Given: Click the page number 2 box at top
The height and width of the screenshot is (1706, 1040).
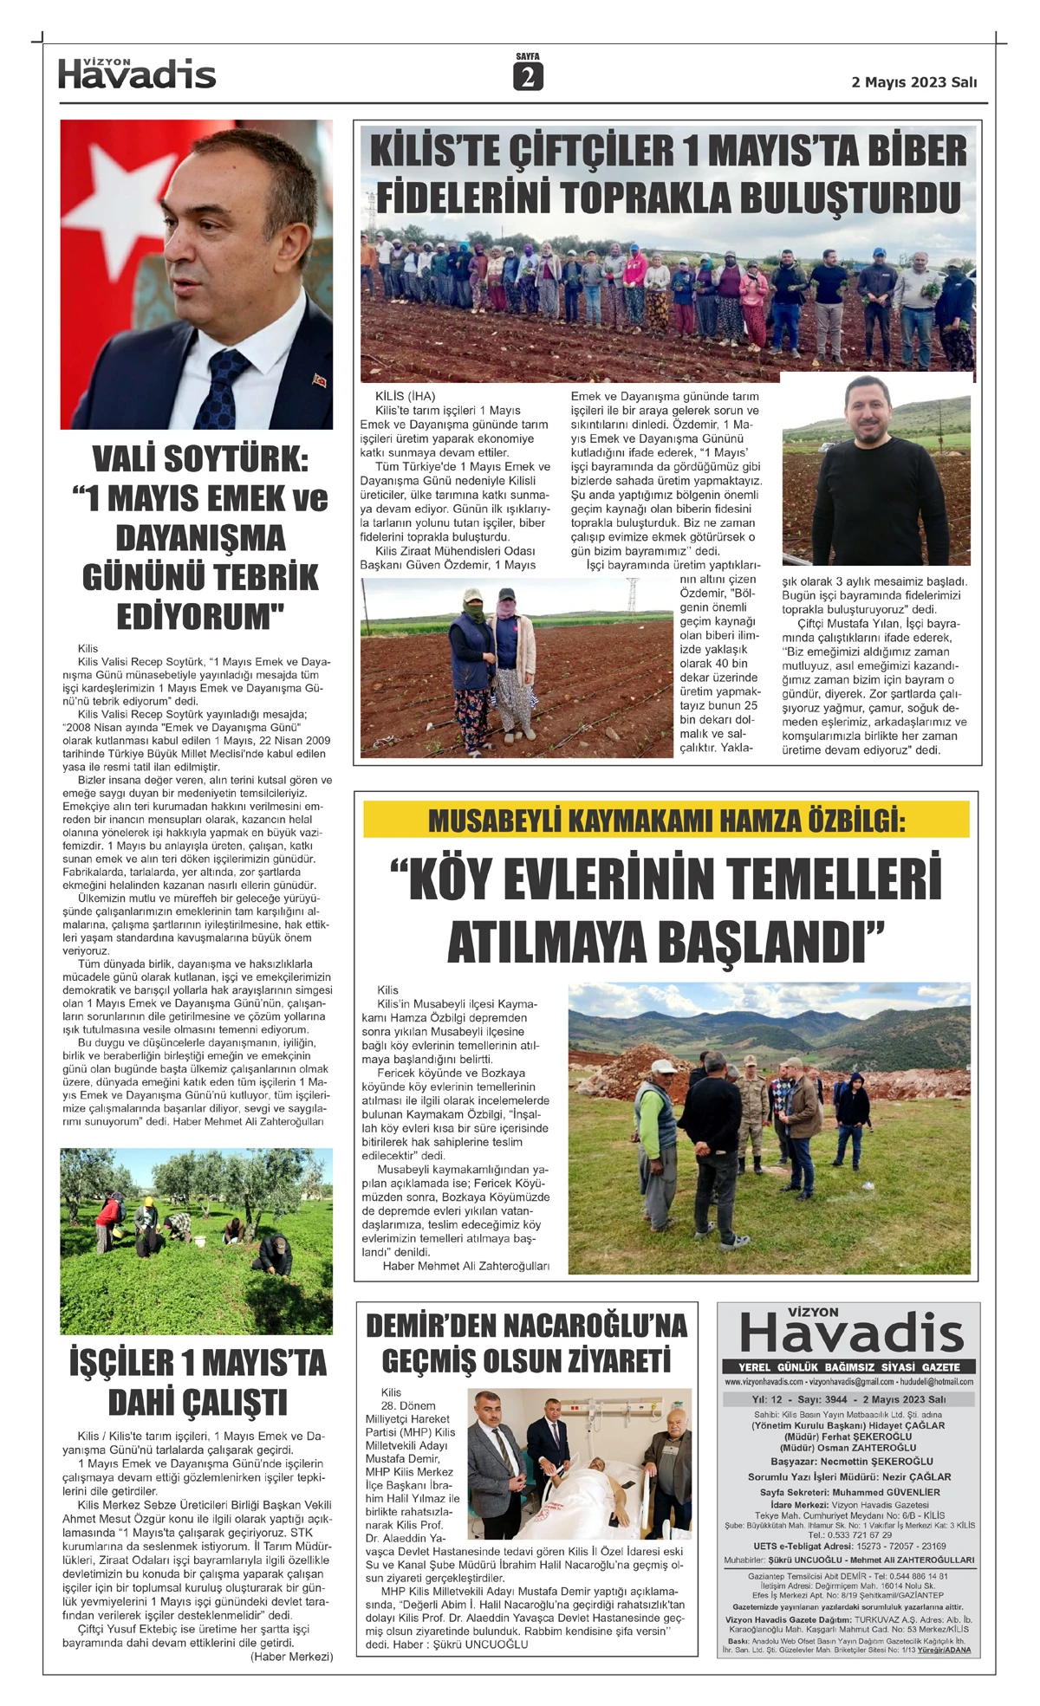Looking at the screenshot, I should tap(527, 78).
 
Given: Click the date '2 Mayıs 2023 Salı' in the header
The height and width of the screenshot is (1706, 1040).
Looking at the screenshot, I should tap(913, 82).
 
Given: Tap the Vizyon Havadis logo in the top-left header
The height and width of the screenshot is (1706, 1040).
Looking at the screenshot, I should tap(137, 75).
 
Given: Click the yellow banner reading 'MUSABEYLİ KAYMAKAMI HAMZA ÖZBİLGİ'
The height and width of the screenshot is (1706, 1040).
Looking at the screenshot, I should tap(666, 820).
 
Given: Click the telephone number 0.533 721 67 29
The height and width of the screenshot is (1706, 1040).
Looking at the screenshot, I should tap(849, 1534).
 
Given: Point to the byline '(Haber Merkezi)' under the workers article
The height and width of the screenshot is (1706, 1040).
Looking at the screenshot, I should tap(291, 1657).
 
